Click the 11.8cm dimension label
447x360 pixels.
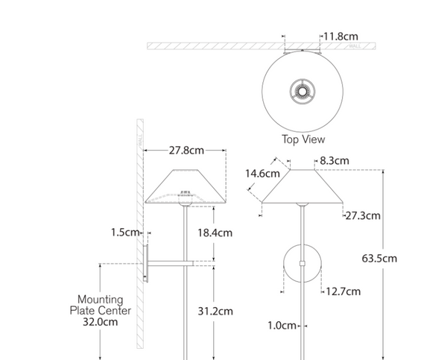click(x=340, y=35)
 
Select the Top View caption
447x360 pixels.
click(x=302, y=139)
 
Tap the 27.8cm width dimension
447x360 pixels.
click(x=186, y=151)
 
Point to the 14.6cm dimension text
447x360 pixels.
click(x=261, y=173)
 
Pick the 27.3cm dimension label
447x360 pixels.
click(x=363, y=215)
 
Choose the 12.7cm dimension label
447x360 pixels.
click(x=342, y=291)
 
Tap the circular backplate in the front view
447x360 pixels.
click(x=301, y=265)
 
